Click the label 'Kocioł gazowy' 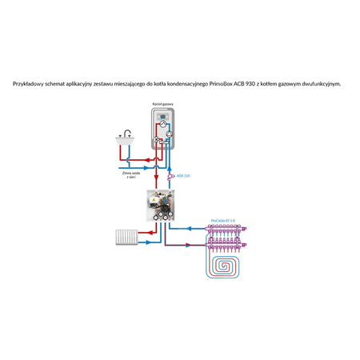coord(162,104)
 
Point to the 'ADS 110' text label coord(183,175)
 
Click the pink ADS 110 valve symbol coord(170,175)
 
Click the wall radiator coord(128,238)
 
